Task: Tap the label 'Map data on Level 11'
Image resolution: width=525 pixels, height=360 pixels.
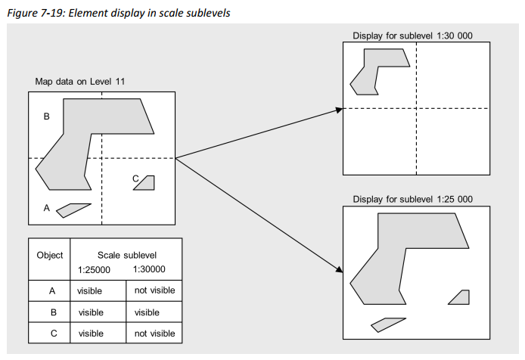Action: [x=79, y=81]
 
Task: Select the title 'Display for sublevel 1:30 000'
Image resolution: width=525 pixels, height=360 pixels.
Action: [x=413, y=36]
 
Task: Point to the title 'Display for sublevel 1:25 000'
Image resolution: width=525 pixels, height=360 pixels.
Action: [x=413, y=199]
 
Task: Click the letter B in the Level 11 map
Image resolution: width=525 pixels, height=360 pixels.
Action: [x=46, y=116]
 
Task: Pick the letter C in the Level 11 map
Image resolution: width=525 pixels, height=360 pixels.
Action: [x=135, y=178]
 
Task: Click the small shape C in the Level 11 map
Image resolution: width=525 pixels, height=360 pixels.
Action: [x=146, y=182]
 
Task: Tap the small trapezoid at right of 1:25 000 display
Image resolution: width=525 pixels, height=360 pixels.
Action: [x=460, y=297]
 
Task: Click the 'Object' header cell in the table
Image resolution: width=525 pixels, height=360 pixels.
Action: [x=50, y=255]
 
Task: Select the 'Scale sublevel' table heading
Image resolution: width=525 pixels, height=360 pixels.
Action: [x=126, y=255]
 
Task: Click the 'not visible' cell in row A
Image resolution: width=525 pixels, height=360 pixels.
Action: [x=154, y=290]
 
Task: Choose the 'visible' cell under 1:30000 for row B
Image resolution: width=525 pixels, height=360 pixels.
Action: [x=147, y=312]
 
